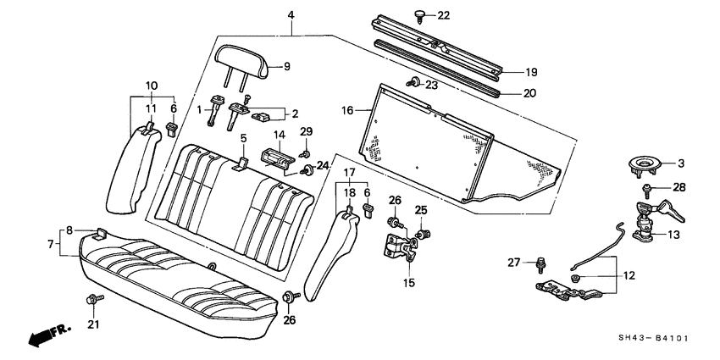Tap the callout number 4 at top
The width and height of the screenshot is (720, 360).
[291, 15]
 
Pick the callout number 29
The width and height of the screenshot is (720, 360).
[307, 130]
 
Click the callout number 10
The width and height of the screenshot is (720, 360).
[152, 86]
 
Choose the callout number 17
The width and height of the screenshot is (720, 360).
[347, 172]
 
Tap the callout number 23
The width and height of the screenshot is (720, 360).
[432, 85]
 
